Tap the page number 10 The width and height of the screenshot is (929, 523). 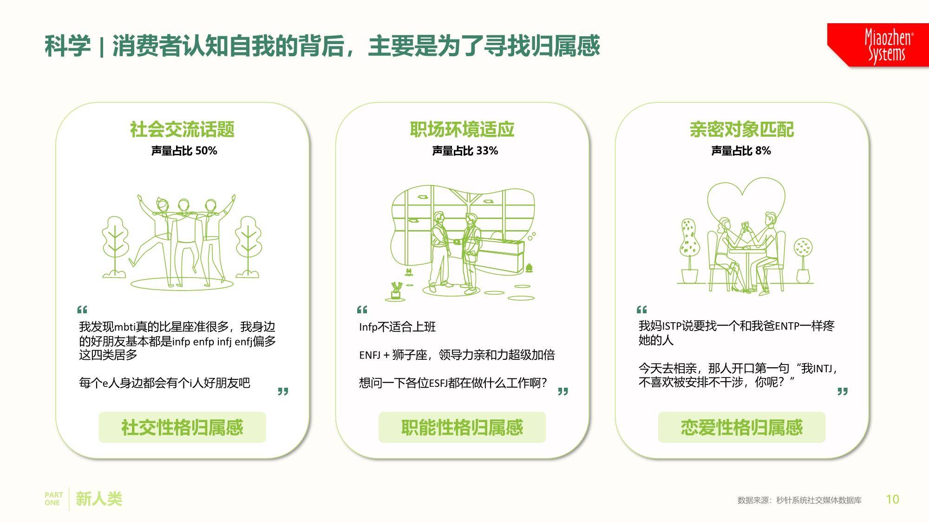pos(892,499)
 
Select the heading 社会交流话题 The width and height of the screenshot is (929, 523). pos(182,129)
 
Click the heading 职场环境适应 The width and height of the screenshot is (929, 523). pos(462,129)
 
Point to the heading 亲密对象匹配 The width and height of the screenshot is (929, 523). pos(742,129)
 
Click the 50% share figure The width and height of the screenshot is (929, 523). pos(206,151)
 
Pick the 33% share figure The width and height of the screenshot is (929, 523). pos(487,151)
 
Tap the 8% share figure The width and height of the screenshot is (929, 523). pos(763,151)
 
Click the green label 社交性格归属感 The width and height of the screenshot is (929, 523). pos(182,427)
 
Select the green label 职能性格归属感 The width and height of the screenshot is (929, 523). pos(462,427)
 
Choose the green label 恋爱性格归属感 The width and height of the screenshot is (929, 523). pos(742,427)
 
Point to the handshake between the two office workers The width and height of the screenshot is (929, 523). pos(456,242)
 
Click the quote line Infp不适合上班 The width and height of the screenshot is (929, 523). pos(398,327)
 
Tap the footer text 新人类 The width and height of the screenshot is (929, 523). pos(99,499)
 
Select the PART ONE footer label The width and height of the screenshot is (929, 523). pos(53,499)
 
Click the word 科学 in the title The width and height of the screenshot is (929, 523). pos(68,46)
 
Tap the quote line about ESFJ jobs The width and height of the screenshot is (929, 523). pos(453,383)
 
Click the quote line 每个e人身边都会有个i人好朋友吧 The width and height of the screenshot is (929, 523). pos(164,383)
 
